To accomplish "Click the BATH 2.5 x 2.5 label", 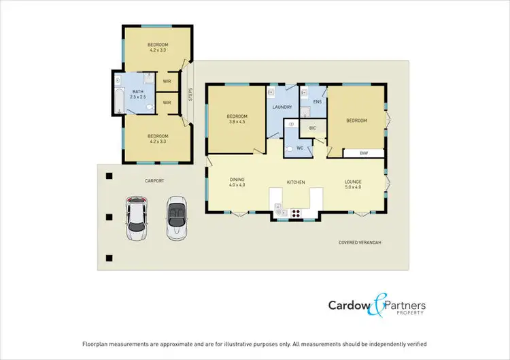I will click(138, 94).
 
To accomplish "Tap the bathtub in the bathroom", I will click(118, 99).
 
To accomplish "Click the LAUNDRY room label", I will click(282, 107).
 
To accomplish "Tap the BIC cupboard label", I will click(313, 127).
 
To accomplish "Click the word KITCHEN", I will click(295, 182).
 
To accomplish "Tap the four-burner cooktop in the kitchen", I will click(297, 213).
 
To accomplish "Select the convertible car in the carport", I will click(177, 217).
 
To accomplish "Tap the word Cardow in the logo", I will click(347, 306).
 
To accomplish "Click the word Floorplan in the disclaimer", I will click(96, 344).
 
